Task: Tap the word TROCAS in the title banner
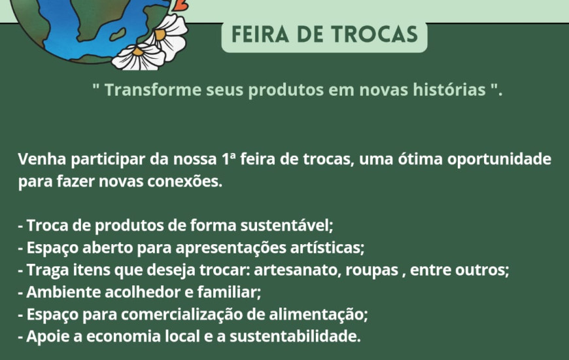point(375,34)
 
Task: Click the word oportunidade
point(499,160)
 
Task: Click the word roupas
point(371,270)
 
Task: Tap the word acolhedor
point(143,292)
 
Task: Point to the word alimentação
point(319,315)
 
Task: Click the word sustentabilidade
point(295,336)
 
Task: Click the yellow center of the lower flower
point(138,52)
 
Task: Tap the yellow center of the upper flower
point(160,35)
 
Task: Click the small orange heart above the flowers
point(181,5)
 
